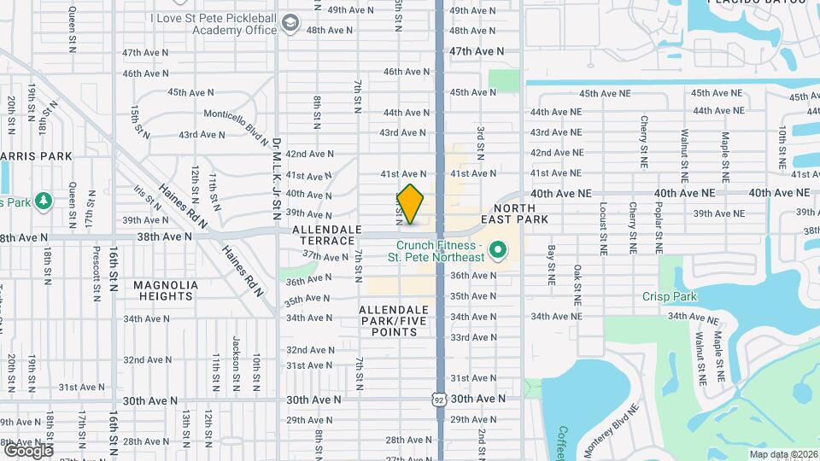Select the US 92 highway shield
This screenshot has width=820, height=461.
438,399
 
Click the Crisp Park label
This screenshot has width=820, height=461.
670,297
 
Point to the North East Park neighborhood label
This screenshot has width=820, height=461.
520,213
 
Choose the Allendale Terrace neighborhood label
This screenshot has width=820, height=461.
323,236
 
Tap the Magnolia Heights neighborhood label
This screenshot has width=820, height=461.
165,290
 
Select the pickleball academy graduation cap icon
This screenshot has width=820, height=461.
291,23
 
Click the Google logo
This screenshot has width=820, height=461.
27,450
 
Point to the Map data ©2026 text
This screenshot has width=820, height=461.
782,454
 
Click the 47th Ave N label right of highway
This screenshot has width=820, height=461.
477,51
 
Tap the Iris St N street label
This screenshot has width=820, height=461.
147,198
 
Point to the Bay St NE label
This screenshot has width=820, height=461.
552,265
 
